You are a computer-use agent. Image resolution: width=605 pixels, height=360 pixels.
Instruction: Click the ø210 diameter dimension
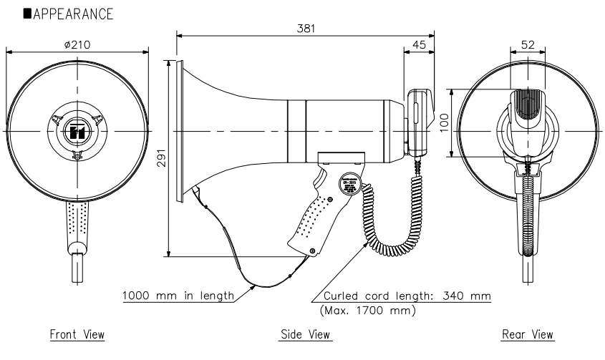pyautogui.click(x=77, y=44)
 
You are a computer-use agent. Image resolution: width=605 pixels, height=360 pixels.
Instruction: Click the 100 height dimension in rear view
pyautogui.click(x=443, y=122)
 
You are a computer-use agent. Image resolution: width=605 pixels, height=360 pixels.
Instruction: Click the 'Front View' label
pyautogui.click(x=77, y=334)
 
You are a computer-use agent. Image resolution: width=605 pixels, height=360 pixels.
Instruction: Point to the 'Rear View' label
pyautogui.click(x=528, y=334)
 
